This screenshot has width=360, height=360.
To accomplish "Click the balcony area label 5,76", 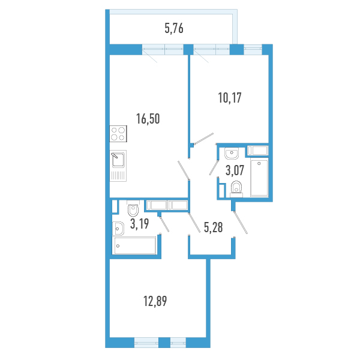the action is pyautogui.click(x=174, y=29).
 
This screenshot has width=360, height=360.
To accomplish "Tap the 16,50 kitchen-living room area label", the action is pyautogui.click(x=148, y=119).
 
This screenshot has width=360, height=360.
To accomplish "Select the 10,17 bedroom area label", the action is pyautogui.click(x=230, y=98).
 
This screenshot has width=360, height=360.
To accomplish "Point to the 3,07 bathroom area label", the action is pyautogui.click(x=235, y=170).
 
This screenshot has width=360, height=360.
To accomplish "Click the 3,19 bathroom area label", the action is pyautogui.click(x=140, y=224).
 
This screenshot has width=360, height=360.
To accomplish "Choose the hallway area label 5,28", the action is pyautogui.click(x=213, y=227).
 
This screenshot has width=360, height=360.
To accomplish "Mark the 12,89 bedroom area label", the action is pyautogui.click(x=155, y=301).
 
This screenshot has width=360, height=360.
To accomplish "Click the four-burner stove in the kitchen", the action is pyautogui.click(x=118, y=134).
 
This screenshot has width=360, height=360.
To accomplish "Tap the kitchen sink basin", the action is pyautogui.click(x=118, y=160).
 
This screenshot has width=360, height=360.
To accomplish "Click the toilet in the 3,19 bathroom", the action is pyautogui.click(x=133, y=208).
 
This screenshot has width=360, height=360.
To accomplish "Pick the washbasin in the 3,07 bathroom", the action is pyautogui.click(x=232, y=154).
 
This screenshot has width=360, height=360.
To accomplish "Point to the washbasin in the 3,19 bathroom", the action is pyautogui.click(x=118, y=229).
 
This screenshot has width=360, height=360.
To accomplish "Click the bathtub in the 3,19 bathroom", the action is pyautogui.click(x=134, y=245).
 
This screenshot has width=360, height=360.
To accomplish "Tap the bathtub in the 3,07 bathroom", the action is pyautogui.click(x=259, y=178).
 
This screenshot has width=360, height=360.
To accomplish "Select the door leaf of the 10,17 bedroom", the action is pyautogui.click(x=204, y=139).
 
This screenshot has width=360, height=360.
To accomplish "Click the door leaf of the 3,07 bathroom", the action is pyautogui.click(x=214, y=168).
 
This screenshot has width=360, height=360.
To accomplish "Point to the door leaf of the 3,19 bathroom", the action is pyautogui.click(x=164, y=224).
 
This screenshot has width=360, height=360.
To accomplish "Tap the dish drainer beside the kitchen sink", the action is pyautogui.click(x=118, y=175).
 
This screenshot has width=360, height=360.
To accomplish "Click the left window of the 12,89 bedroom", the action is pyautogui.click(x=146, y=343).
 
